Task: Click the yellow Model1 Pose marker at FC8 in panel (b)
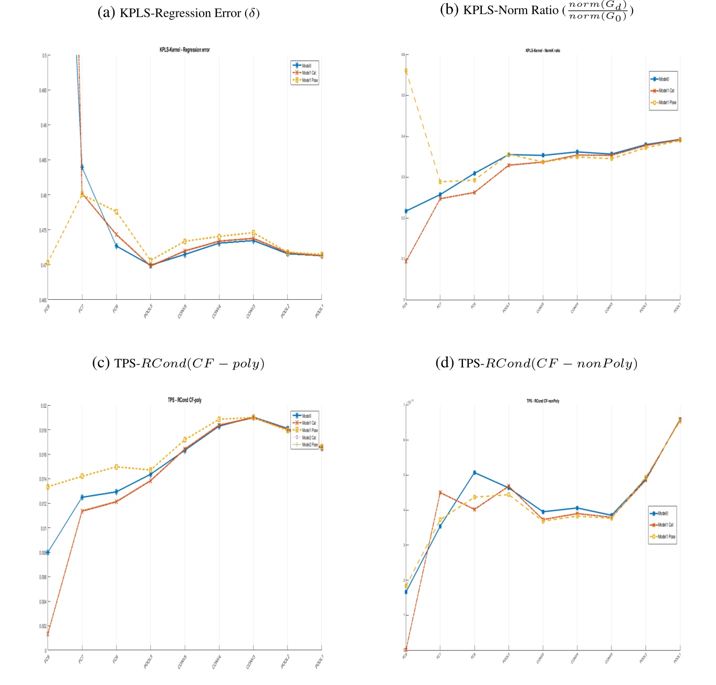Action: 406,71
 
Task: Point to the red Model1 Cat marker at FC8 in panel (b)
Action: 406,261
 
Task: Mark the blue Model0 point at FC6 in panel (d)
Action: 475,472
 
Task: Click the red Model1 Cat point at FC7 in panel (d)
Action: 440,492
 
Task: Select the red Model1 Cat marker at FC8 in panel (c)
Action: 48,634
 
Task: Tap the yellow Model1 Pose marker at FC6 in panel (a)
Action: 116,212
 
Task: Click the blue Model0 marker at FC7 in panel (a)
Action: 82,167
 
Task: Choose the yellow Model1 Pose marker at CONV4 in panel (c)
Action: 219,419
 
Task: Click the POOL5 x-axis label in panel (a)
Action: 148,311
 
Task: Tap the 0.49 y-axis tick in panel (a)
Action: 44,125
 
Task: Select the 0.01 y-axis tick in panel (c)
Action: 44,528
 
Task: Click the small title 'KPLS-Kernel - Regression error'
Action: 184,50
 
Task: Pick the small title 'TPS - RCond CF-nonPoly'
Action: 543,401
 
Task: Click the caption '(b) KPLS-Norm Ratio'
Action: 535,10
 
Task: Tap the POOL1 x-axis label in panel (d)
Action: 677,658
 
